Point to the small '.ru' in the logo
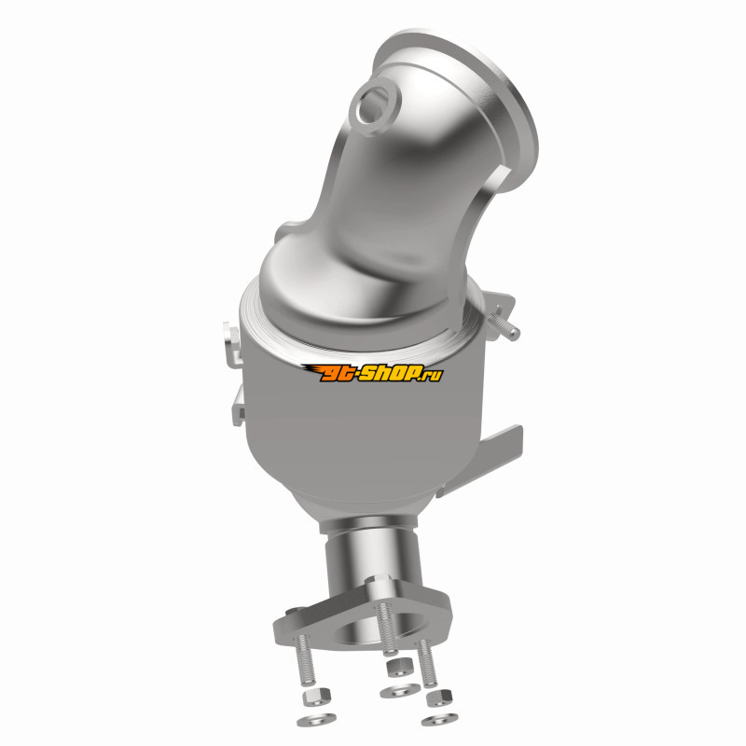432,376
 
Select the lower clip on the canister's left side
239,405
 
